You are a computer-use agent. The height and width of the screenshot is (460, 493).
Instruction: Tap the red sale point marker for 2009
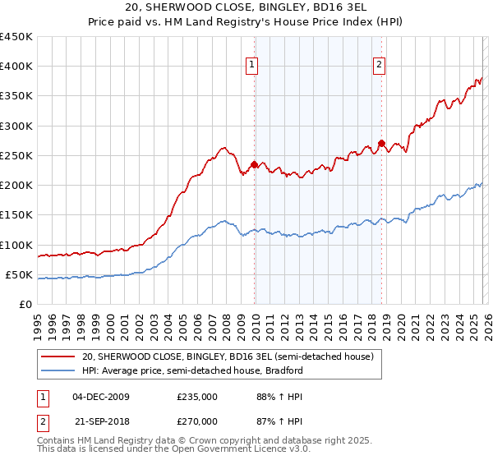pyautogui.click(x=254, y=164)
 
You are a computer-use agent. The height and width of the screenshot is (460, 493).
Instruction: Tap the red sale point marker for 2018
pyautogui.click(x=381, y=144)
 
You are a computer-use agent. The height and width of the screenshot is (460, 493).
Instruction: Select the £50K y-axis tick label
pyautogui.click(x=19, y=274)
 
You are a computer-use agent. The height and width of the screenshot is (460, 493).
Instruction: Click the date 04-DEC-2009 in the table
pyautogui.click(x=100, y=397)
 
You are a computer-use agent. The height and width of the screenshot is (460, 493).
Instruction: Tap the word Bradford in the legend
pyautogui.click(x=284, y=370)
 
